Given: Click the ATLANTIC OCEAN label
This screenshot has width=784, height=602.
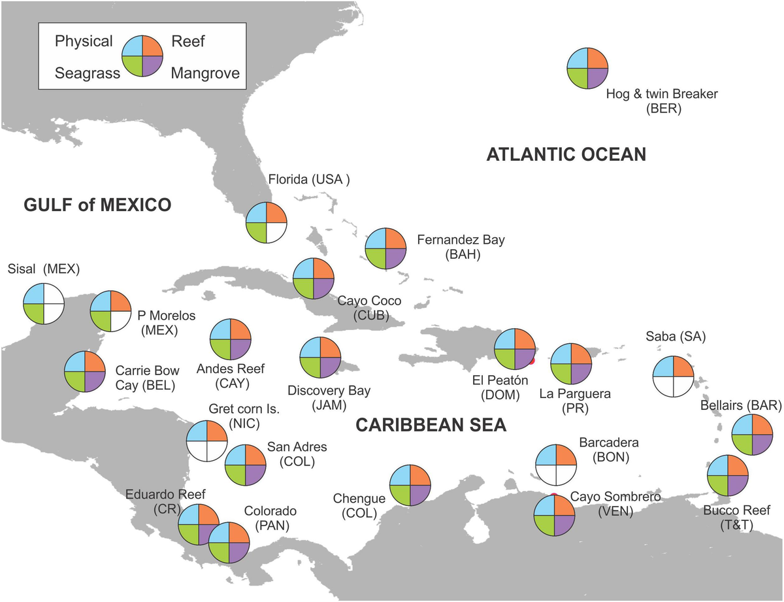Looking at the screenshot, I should [566, 155].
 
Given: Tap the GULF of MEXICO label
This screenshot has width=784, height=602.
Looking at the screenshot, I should [97, 205].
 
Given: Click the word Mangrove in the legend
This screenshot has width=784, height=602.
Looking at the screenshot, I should [205, 73].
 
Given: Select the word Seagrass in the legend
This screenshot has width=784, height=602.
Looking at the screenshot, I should [88, 73].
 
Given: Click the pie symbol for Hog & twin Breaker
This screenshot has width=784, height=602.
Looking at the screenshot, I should [588, 67].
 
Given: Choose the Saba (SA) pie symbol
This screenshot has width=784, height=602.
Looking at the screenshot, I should [673, 376].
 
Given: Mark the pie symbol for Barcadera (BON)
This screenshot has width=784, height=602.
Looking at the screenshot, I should [556, 465].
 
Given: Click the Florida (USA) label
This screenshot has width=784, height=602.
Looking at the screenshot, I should [309, 180].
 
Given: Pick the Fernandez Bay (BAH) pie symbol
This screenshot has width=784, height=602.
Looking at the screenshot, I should [385, 248].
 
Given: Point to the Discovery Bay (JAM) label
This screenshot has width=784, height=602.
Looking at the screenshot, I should [329, 398].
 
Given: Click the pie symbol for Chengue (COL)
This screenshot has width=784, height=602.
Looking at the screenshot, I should [410, 485].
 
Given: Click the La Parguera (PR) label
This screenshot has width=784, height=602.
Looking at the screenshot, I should [574, 401].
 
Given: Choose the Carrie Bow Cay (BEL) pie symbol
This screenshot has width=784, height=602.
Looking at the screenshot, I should [84, 372].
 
